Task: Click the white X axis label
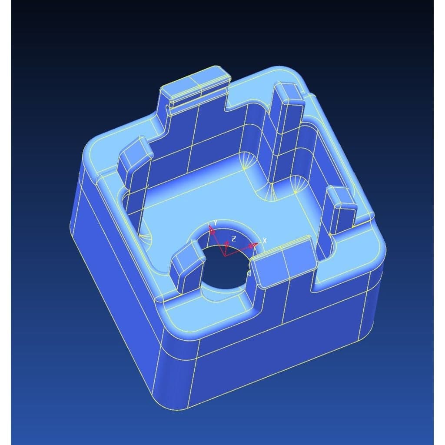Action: [265, 241]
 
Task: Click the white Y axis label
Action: [216, 223]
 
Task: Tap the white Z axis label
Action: [233, 239]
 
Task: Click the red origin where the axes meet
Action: [225, 256]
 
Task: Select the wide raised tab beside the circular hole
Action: [284, 261]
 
